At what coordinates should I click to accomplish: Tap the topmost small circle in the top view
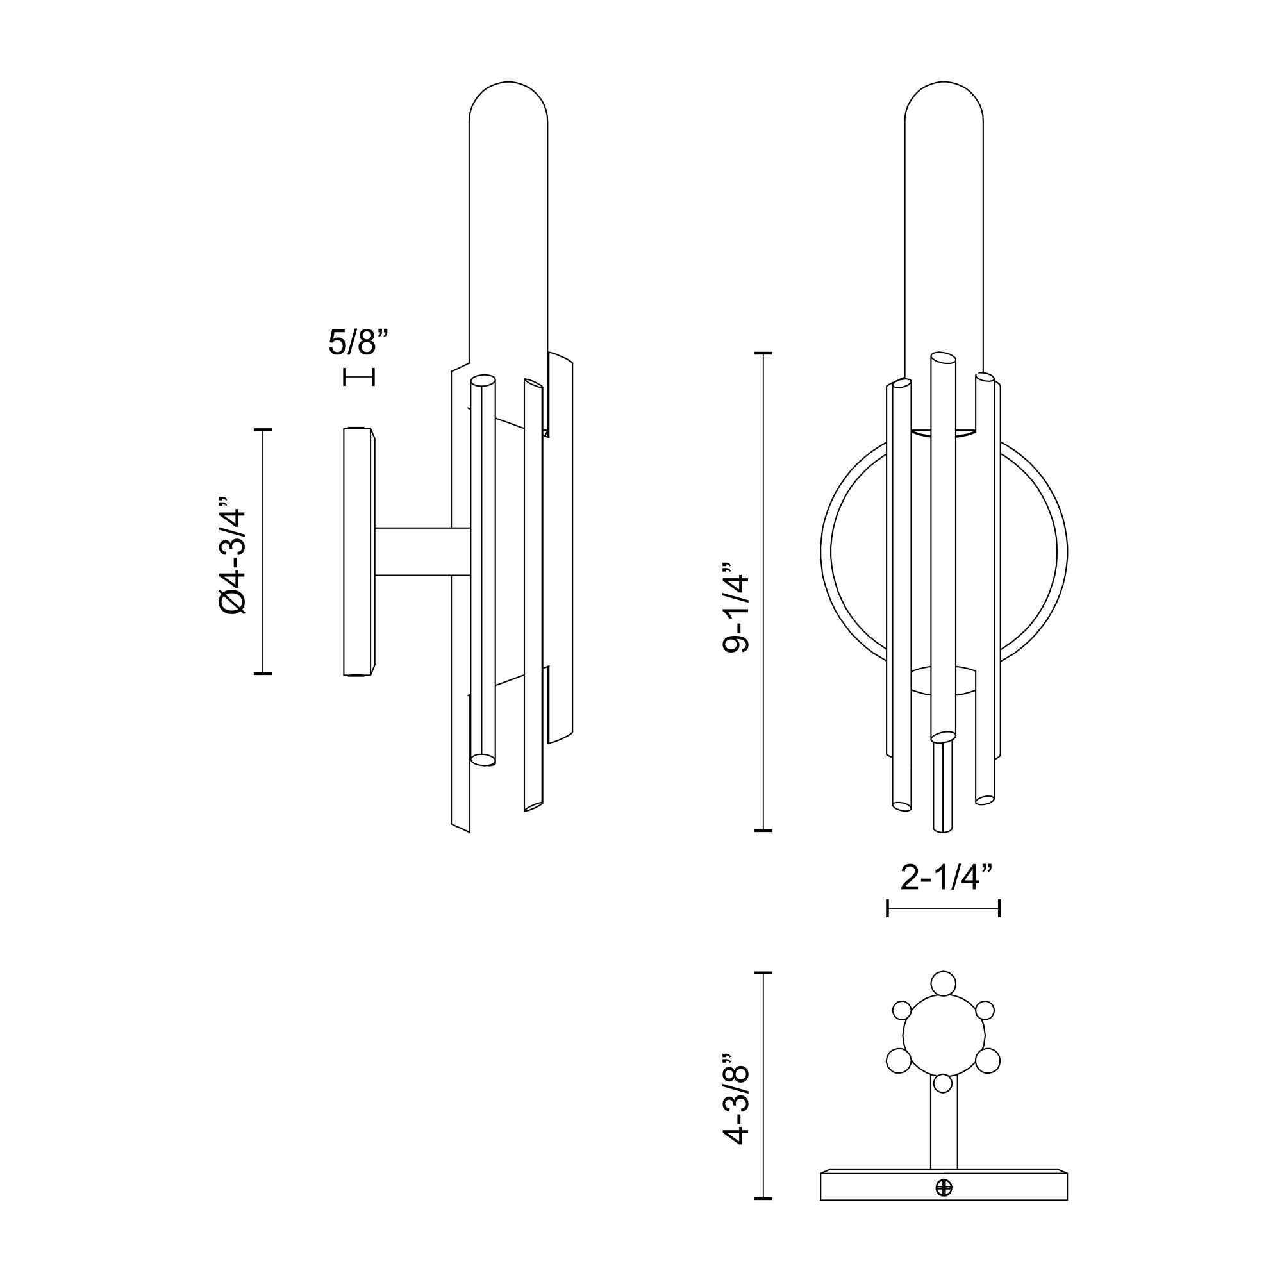tap(943, 1002)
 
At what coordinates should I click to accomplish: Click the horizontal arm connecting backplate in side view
tap(421, 552)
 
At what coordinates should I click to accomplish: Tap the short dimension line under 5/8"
tap(359, 377)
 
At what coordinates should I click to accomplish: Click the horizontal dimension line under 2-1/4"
tap(943, 908)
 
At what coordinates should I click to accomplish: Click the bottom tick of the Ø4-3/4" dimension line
tap(263, 674)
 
